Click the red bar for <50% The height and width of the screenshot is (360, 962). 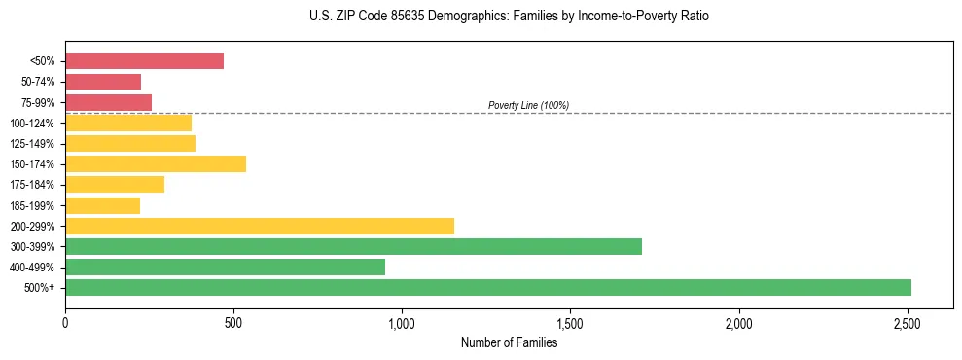pos(144,61)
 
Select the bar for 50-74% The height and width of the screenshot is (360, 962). pos(103,82)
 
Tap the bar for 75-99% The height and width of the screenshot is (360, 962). pos(108,102)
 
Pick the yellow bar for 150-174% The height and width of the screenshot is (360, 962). pos(156,163)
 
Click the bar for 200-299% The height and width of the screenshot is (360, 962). pos(260,226)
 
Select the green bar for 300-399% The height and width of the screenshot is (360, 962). pos(353,246)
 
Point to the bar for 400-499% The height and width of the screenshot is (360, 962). pos(225,267)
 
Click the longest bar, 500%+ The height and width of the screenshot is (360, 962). pos(488,287)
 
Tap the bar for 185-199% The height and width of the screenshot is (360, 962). pos(102,205)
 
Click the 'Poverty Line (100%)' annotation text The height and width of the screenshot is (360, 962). pos(528,105)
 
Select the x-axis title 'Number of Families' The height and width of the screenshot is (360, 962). pos(509,342)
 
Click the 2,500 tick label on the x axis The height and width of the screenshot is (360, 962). pos(908,322)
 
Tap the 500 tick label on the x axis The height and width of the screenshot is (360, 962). pos(233,322)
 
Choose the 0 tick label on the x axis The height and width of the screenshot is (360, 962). pos(65,322)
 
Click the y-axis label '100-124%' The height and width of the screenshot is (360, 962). pos(32,124)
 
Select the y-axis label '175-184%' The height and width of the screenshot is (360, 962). pos(32,185)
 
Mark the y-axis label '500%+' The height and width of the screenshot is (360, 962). pos(41,288)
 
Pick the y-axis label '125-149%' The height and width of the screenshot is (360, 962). pos(32,144)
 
